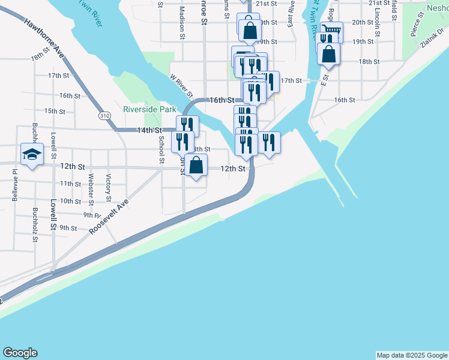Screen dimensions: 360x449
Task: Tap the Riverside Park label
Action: [x=149, y=109]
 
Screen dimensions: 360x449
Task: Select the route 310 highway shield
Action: [x=104, y=115]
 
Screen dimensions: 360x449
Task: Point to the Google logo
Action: [x=20, y=352]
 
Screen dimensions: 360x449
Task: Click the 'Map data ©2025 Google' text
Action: [x=412, y=355]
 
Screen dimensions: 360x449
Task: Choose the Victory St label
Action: [x=109, y=187]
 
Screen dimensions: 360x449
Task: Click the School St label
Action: [x=161, y=149]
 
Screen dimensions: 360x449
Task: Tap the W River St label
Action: [x=181, y=86]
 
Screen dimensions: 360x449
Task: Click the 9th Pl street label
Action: [x=91, y=214]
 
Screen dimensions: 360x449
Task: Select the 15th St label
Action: [x=55, y=111]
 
